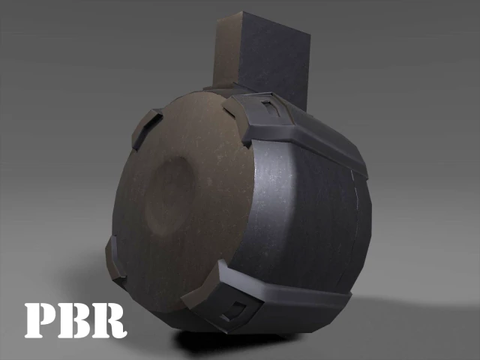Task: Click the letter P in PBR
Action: coord(40,320)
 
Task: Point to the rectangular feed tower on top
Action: coord(266,56)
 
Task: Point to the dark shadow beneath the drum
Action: coord(225,341)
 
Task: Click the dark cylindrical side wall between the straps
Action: coord(300,217)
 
